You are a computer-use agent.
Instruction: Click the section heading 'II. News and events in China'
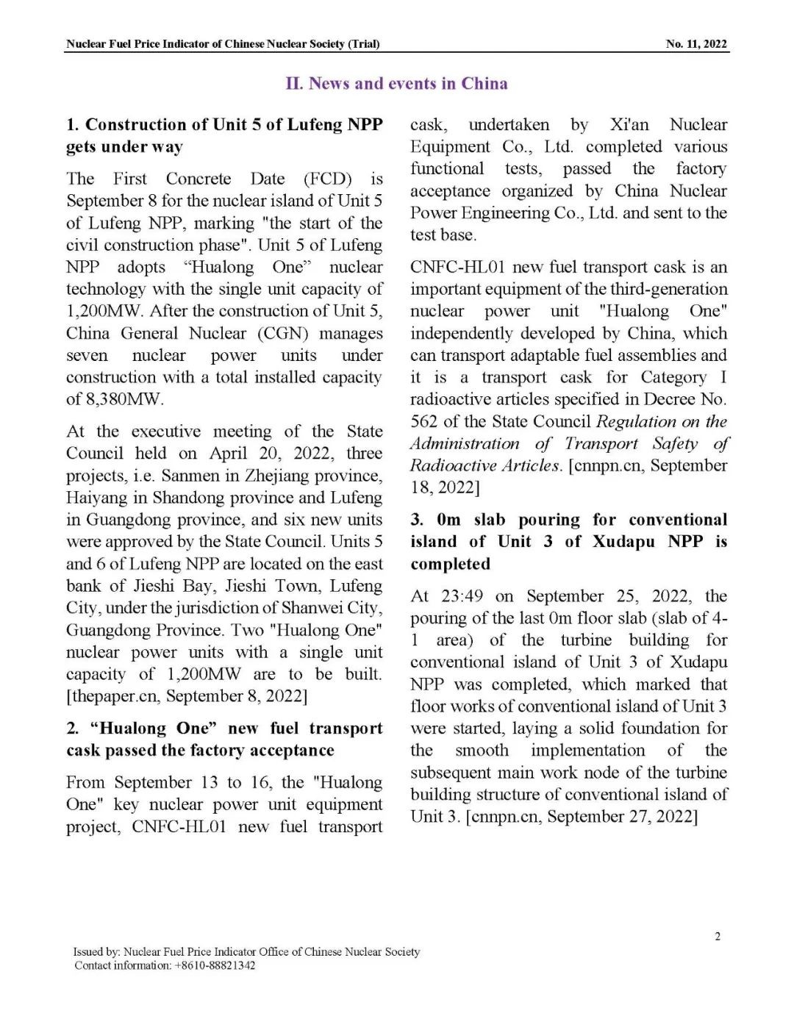[x=396, y=83]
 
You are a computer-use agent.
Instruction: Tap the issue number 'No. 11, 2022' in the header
[x=696, y=44]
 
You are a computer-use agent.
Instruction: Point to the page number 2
[x=718, y=936]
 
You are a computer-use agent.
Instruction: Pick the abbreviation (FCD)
[x=327, y=179]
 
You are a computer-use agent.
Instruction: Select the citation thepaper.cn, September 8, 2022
[x=187, y=696]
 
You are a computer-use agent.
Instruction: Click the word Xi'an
[x=629, y=124]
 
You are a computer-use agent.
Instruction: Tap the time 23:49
[x=462, y=596]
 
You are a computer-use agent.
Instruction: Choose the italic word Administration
[x=465, y=443]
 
